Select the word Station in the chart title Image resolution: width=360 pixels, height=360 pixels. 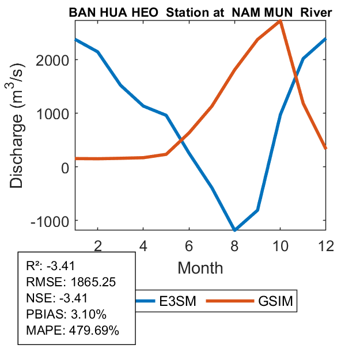[x=185, y=12]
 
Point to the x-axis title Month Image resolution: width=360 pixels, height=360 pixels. [x=200, y=267]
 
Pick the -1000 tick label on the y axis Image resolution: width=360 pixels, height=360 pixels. [x=50, y=221]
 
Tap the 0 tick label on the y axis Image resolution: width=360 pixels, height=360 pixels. [x=63, y=167]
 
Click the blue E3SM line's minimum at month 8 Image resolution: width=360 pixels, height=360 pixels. [x=234, y=229]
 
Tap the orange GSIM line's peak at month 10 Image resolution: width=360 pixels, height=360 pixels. [x=280, y=21]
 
